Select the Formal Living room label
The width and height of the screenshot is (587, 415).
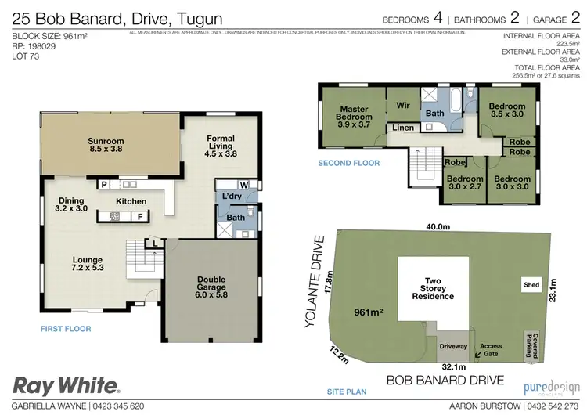coord(221,146)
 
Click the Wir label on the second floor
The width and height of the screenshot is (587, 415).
coord(404,105)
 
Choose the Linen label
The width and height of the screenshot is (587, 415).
coord(403,128)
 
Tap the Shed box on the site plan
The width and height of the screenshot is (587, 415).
coord(531,285)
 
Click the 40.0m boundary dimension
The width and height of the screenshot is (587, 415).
coord(438,226)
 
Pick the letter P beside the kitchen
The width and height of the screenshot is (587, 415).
coord(103,185)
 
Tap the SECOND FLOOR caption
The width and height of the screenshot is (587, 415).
coord(348,164)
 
